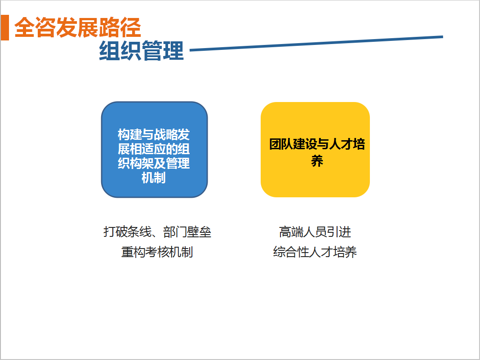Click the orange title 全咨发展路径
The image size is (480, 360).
coord(78,27)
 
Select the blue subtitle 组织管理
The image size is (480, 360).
coord(142,50)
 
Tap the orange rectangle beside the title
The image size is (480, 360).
coord(4,27)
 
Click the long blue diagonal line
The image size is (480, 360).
coord(316,44)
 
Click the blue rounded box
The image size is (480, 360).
coord(154,150)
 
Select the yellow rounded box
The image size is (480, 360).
coord(316,150)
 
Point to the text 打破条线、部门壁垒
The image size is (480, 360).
coord(157,232)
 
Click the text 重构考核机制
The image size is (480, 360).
coord(157,252)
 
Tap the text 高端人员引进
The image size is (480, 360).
coord(315,232)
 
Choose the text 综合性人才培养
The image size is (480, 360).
coord(315,252)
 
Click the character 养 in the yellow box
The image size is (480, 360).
coord(317,161)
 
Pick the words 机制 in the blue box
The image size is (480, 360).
coord(154,178)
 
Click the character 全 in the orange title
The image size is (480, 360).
coord(25,27)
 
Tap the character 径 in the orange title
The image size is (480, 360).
coord(131,27)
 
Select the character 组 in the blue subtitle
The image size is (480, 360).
coord(109,51)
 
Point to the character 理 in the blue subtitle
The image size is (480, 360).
coord(173,51)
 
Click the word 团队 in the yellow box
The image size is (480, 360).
coord(281,144)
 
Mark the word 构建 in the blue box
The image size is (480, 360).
coord(129,135)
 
